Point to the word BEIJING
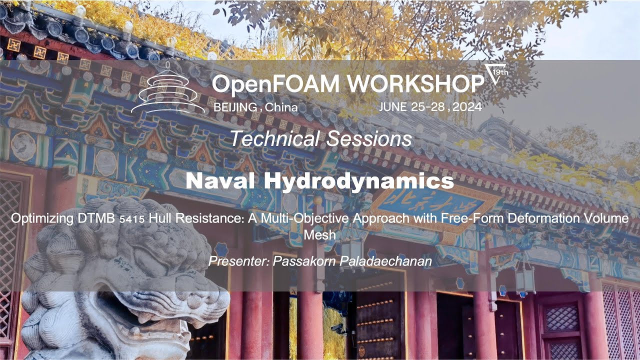point(235,107)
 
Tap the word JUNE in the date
point(394,106)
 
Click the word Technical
point(274,138)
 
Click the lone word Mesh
point(319,234)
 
